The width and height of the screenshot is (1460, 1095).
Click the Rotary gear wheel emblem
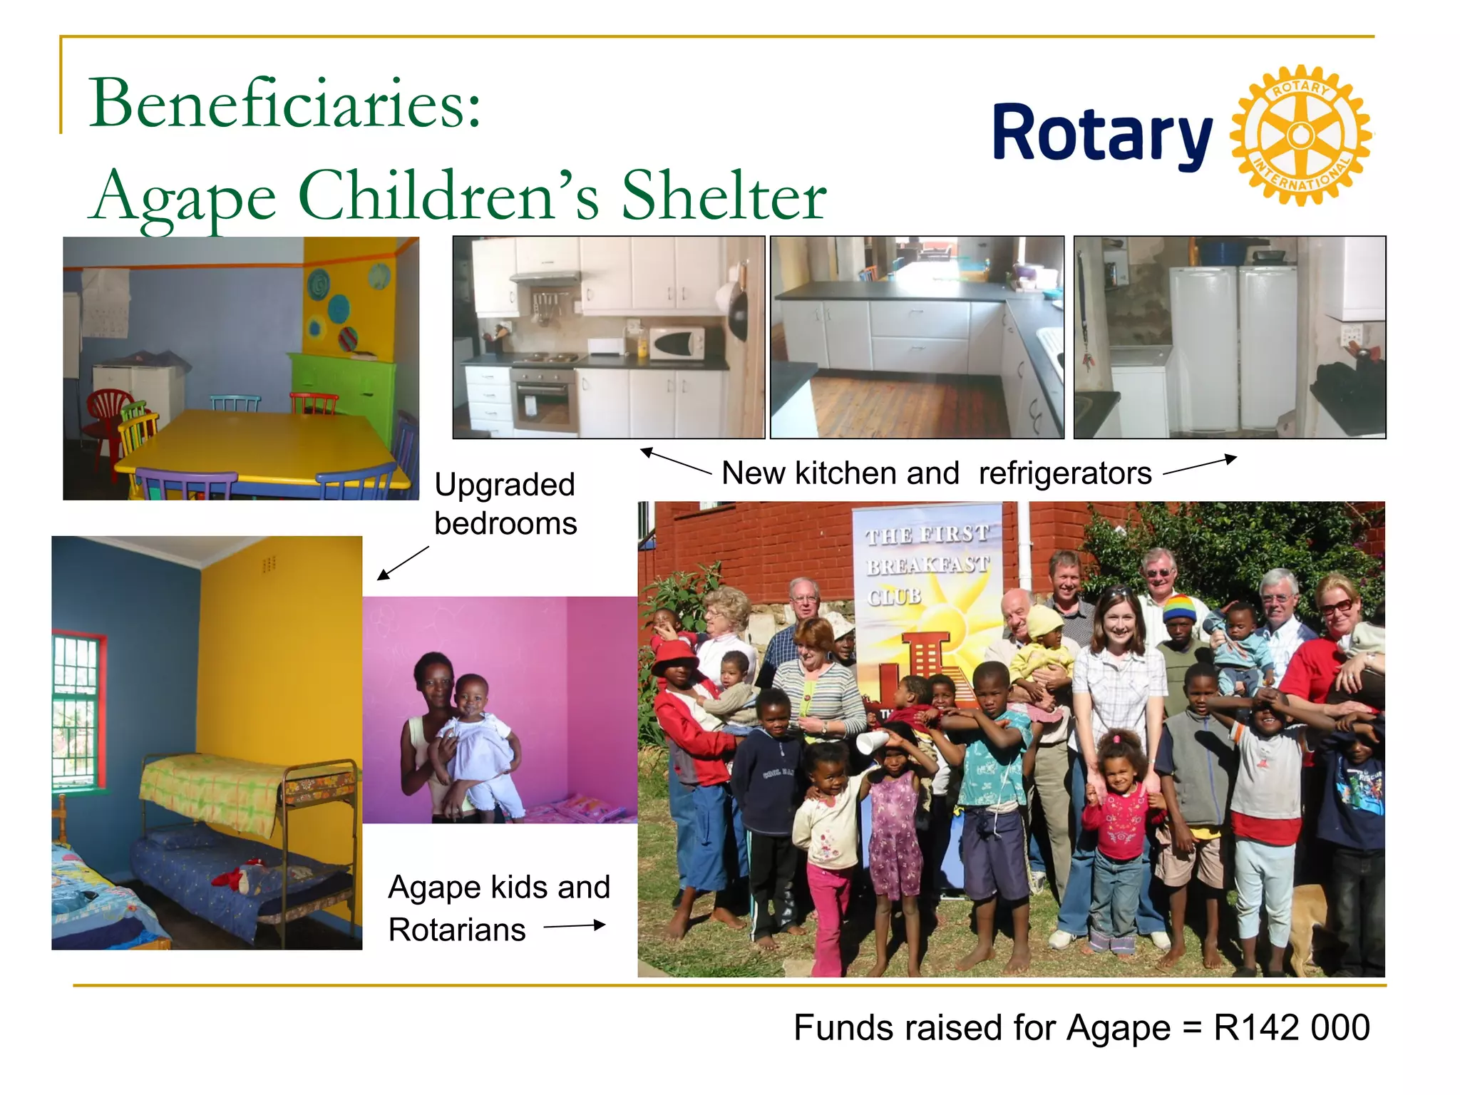(1300, 135)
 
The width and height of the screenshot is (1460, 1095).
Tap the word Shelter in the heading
(724, 196)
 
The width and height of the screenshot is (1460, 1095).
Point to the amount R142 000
(1291, 1028)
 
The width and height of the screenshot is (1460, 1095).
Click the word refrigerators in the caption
(1065, 473)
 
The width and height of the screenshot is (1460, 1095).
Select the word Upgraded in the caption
(505, 485)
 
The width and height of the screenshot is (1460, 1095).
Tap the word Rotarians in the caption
(457, 930)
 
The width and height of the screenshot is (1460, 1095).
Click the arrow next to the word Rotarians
(575, 926)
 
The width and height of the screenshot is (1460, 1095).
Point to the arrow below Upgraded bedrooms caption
(403, 563)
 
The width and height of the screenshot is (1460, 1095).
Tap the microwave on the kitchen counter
(676, 344)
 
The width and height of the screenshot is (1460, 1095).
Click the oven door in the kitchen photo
(545, 403)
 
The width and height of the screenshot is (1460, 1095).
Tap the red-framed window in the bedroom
(78, 713)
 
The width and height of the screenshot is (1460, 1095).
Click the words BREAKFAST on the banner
(927, 566)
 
